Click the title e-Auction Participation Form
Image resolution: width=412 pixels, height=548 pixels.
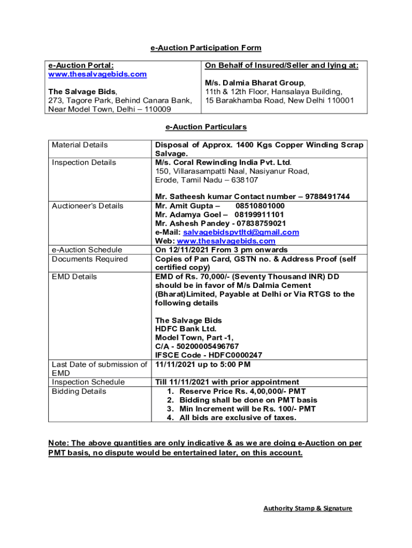pos(205,48)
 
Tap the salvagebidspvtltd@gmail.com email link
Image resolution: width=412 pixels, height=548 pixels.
pos(241,232)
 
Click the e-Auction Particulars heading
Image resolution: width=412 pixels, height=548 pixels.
pos(205,127)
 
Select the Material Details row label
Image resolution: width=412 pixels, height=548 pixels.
pos(80,145)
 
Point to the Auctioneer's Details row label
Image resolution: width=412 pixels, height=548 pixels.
pos(87,206)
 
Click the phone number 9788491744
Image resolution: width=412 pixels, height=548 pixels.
pos(327,197)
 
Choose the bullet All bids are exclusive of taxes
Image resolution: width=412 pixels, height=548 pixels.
pos(238,417)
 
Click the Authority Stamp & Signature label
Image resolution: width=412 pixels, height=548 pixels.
pos(308,508)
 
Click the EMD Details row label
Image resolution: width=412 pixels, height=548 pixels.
pos(74,277)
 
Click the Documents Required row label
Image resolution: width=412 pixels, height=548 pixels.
pos(89,259)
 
